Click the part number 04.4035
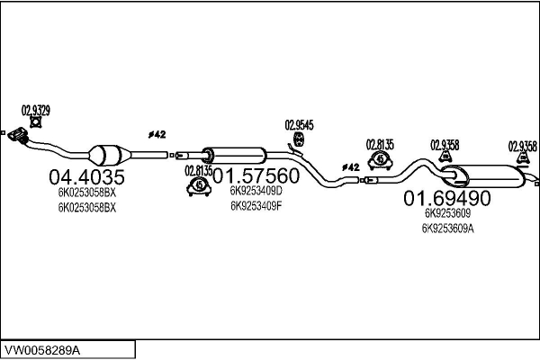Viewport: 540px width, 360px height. pyautogui.click(x=86, y=177)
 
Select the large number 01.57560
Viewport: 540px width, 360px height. pyautogui.click(x=256, y=175)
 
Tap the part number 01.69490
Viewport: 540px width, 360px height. pyautogui.click(x=447, y=198)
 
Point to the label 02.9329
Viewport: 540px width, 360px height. pyautogui.click(x=36, y=111)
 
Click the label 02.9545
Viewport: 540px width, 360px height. pyautogui.click(x=299, y=125)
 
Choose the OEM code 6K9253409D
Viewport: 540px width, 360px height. pyautogui.click(x=256, y=191)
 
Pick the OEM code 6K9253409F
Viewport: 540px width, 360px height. pyautogui.click(x=256, y=206)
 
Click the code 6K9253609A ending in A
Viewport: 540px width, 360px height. pyautogui.click(x=447, y=229)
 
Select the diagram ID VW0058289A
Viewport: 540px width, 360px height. pyautogui.click(x=41, y=350)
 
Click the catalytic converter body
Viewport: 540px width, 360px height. pyautogui.click(x=110, y=156)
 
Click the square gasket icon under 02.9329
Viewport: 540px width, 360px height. pyautogui.click(x=35, y=122)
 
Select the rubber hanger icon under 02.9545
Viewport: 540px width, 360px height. pyautogui.click(x=298, y=139)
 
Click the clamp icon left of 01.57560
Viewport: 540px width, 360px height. pyautogui.click(x=199, y=186)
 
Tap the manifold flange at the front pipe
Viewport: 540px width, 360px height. pyautogui.click(x=18, y=135)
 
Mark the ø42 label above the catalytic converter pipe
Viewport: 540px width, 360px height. pyautogui.click(x=157, y=134)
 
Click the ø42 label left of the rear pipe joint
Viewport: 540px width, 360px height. pyautogui.click(x=351, y=167)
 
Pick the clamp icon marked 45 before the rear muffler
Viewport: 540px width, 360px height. pyautogui.click(x=380, y=160)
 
